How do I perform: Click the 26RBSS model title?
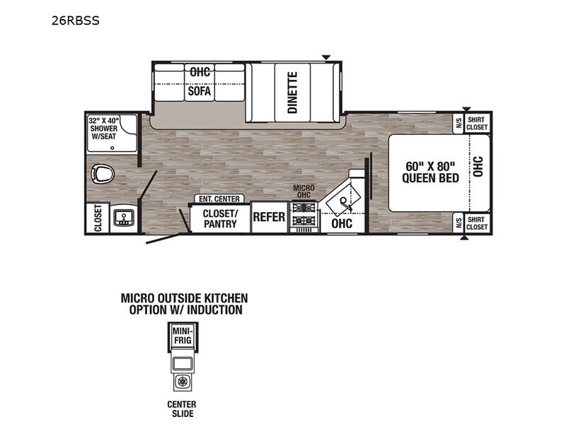(76, 20)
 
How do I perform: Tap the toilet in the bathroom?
(103, 174)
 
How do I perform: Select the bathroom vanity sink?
(124, 218)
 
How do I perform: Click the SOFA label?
(200, 91)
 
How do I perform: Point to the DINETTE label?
(293, 93)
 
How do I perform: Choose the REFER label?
(269, 217)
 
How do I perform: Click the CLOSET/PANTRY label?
(220, 218)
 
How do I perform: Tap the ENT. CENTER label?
(219, 199)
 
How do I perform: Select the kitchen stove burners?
(304, 214)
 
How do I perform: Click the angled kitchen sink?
(343, 199)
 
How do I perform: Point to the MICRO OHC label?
(304, 191)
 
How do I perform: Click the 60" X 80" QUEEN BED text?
(430, 172)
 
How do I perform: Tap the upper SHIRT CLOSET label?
(477, 123)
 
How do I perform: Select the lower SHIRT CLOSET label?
(477, 223)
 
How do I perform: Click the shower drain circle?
(112, 148)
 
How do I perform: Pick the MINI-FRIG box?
(183, 336)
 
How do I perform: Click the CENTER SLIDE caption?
(182, 409)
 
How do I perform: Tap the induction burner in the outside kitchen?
(183, 382)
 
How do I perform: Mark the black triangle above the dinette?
(326, 57)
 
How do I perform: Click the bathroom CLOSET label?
(98, 218)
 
